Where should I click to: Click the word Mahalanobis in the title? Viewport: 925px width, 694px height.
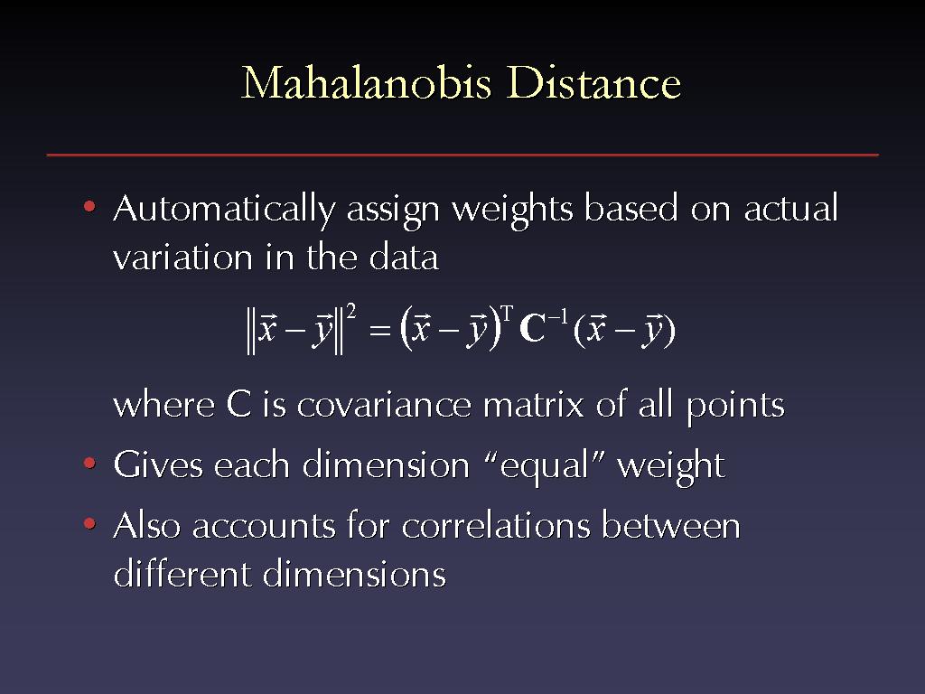(x=367, y=82)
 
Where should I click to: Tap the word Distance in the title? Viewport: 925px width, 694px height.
(x=593, y=82)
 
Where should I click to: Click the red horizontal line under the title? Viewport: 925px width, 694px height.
(x=462, y=155)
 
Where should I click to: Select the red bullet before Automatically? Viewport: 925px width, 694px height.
(x=89, y=207)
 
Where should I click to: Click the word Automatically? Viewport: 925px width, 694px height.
(x=224, y=211)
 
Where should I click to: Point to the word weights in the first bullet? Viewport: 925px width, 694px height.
(x=512, y=211)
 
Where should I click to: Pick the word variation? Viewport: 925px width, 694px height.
(x=182, y=258)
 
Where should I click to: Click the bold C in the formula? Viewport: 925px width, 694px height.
(x=532, y=329)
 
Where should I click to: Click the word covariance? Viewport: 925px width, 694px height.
(x=384, y=406)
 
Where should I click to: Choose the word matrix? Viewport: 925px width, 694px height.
(x=533, y=405)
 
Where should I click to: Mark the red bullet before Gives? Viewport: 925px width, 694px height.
(x=89, y=463)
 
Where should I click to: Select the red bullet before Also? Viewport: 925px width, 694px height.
(x=89, y=523)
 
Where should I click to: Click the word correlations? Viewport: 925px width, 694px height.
(x=496, y=525)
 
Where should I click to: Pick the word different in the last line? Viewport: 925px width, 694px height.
(x=182, y=573)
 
